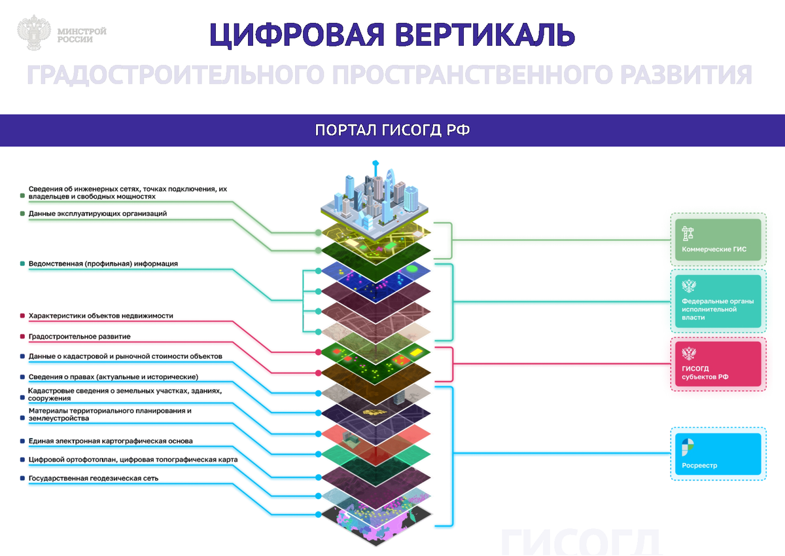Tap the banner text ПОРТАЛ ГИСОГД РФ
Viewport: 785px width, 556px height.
pyautogui.click(x=392, y=130)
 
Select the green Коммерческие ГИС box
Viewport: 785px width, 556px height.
pyautogui.click(x=718, y=240)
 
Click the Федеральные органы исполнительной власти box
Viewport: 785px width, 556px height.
pyautogui.click(x=718, y=301)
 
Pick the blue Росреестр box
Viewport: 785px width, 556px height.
pyautogui.click(x=718, y=453)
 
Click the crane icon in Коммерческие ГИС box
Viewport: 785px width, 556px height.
pyautogui.click(x=688, y=232)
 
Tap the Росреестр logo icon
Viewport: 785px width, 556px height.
pyautogui.click(x=688, y=447)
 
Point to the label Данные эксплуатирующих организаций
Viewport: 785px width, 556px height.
pyautogui.click(x=97, y=213)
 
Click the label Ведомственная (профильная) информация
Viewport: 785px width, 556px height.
pyautogui.click(x=103, y=264)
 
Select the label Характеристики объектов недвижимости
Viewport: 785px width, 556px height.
pyautogui.click(x=101, y=316)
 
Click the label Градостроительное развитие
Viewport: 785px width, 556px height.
pyautogui.click(x=79, y=337)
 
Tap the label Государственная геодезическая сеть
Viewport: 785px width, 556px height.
pyautogui.click(x=94, y=479)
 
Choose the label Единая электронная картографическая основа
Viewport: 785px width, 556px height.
pyautogui.click(x=111, y=441)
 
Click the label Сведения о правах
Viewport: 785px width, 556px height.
pyautogui.click(x=113, y=377)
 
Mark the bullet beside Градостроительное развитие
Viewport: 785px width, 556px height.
pyautogui.click(x=23, y=337)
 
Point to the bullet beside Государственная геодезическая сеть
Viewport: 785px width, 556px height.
pyautogui.click(x=23, y=479)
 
